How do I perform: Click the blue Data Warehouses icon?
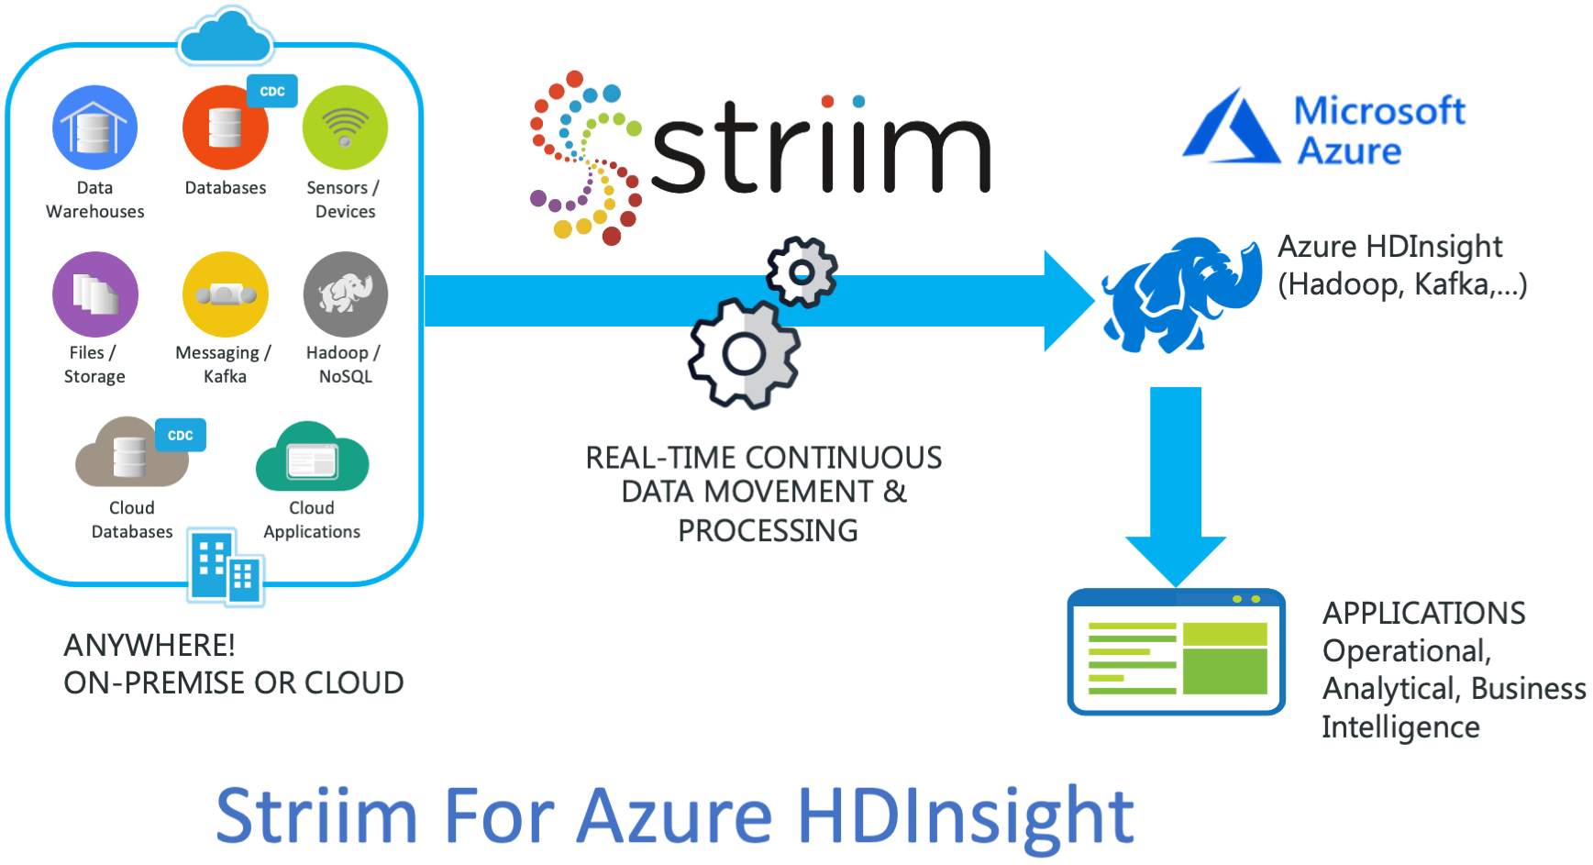[x=95, y=128]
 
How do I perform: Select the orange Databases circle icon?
[x=226, y=128]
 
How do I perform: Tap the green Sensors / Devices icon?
[x=345, y=128]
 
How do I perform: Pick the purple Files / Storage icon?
[x=95, y=294]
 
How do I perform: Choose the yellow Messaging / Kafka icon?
[x=226, y=294]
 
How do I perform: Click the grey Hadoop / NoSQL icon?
[x=346, y=294]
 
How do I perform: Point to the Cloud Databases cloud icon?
[x=130, y=453]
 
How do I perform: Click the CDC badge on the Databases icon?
[x=272, y=92]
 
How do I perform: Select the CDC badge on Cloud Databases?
[x=181, y=436]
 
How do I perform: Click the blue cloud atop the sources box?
[x=226, y=36]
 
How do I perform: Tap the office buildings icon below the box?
[x=226, y=567]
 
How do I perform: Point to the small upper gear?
[x=802, y=272]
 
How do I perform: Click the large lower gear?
[x=745, y=353]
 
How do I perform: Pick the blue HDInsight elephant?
[x=1181, y=294]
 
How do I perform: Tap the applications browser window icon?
[x=1177, y=651]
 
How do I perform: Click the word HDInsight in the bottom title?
[x=965, y=816]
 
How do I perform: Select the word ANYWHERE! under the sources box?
[x=149, y=645]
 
